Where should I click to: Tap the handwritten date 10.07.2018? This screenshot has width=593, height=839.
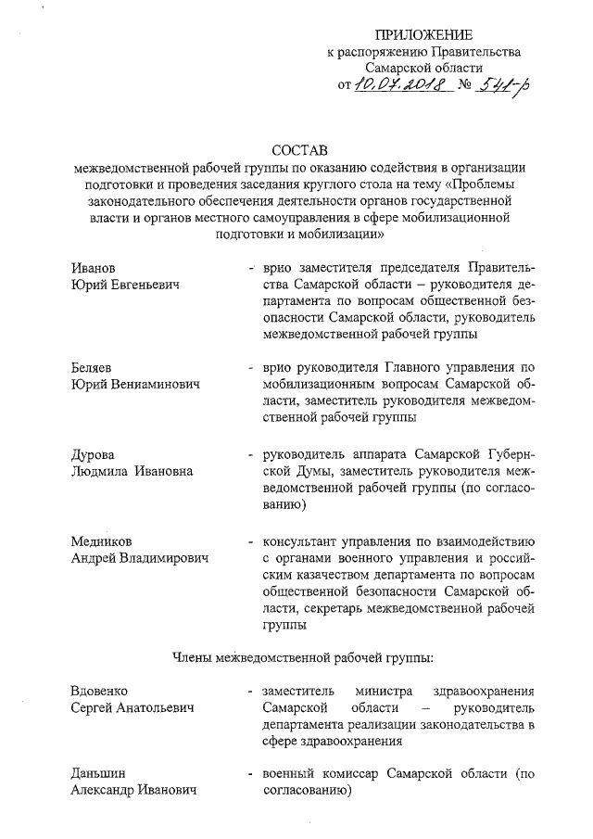[404, 87]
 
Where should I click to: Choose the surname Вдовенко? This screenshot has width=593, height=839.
[99, 691]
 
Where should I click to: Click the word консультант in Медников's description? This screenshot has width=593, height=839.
[302, 540]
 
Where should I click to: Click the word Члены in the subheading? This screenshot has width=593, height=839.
[192, 657]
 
